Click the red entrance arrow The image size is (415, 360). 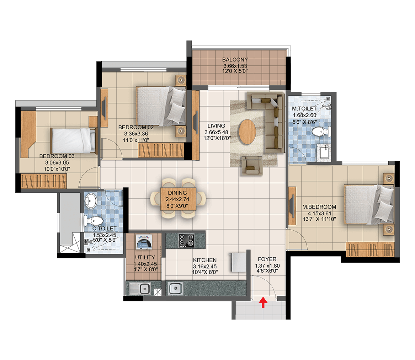click(x=263, y=302)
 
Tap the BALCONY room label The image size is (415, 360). click(x=235, y=59)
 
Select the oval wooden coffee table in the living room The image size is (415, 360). click(x=247, y=132)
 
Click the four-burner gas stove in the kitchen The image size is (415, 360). click(x=186, y=241)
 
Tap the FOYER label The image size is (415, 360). click(x=267, y=259)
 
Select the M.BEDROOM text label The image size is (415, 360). click(x=319, y=207)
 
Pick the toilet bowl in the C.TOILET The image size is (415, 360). click(x=94, y=220)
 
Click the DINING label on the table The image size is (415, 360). click(x=177, y=193)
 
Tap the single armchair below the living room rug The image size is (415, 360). click(x=251, y=166)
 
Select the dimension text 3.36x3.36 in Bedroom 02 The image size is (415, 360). click(x=136, y=134)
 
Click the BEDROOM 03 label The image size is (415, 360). click(x=57, y=156)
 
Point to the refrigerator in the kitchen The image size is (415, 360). click(x=239, y=262)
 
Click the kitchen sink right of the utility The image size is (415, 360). click(x=175, y=288)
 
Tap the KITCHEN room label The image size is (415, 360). click(x=204, y=260)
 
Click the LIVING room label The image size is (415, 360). click(x=216, y=126)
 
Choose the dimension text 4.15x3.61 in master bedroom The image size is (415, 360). click(x=319, y=213)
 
